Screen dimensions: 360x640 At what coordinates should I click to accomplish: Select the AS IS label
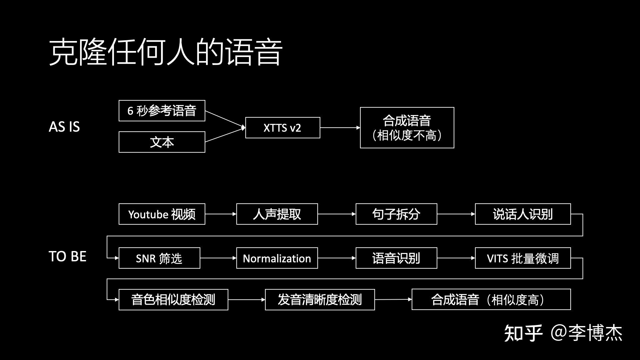[64, 127]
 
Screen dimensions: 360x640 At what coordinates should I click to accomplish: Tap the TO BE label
[67, 256]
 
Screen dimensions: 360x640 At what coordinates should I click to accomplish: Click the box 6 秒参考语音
[162, 111]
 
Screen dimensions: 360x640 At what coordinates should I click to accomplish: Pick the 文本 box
[162, 142]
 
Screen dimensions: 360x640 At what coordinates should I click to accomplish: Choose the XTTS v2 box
[282, 128]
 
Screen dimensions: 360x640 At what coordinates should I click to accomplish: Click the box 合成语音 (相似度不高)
[407, 128]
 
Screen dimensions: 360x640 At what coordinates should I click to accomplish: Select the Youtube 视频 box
[162, 214]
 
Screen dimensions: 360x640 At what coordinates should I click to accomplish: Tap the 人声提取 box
[277, 214]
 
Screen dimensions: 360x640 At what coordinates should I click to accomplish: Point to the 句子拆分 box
[396, 214]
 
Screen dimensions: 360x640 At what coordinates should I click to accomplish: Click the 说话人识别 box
[522, 214]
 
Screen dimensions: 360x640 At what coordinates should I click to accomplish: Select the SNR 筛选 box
[159, 258]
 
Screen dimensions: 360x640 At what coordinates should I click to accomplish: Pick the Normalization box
[277, 258]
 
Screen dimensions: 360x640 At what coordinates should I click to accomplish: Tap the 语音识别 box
[396, 258]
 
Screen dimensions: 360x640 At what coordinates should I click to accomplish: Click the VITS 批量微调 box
[522, 258]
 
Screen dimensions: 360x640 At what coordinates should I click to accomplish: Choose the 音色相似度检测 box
[173, 300]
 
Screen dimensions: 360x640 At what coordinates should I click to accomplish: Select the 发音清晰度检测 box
[319, 300]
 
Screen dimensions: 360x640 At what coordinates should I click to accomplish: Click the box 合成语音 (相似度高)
[491, 300]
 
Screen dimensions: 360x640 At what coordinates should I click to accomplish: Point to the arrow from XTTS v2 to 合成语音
[340, 128]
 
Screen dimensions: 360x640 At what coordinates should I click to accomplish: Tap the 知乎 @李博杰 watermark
[563, 333]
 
